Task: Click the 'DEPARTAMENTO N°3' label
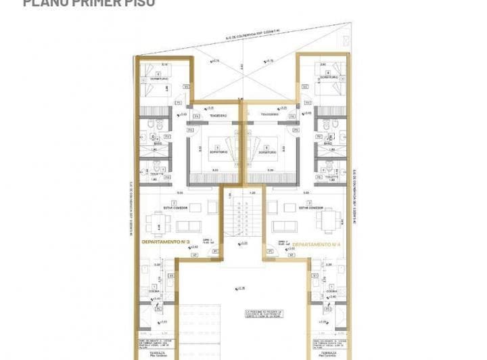click(x=165, y=242)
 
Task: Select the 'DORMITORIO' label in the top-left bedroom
click(x=158, y=79)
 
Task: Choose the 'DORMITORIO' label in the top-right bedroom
click(x=329, y=79)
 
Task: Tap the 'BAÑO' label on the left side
click(x=157, y=144)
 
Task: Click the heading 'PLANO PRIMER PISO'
click(x=89, y=3)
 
